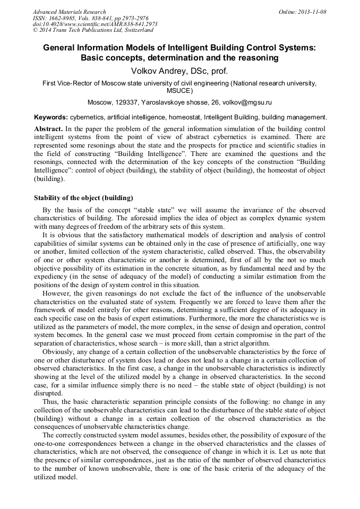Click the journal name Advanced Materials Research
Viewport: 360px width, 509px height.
[69, 12]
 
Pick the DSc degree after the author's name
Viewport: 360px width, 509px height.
[206, 71]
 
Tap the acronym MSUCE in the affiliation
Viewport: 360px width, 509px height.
[179, 91]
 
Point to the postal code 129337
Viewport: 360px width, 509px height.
[126, 102]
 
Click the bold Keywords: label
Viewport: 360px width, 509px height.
[51, 117]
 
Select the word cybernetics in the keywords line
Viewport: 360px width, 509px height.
[88, 117]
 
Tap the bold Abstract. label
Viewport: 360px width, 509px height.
[49, 129]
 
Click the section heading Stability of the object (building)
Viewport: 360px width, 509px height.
[83, 198]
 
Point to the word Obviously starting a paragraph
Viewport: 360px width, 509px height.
[59, 351]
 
